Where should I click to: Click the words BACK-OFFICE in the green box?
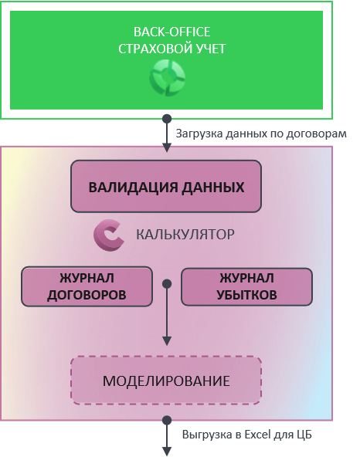point(172,32)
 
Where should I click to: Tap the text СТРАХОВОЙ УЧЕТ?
point(172,49)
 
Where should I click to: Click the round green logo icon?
point(167,78)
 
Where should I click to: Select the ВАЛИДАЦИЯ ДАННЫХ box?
point(166,186)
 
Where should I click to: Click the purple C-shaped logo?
point(108,235)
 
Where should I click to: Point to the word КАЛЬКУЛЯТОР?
point(185,235)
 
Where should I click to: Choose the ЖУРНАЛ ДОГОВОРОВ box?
point(87,286)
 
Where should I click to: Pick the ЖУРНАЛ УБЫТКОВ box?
point(246,286)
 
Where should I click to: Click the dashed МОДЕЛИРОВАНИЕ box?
point(166,381)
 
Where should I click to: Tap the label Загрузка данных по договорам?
point(261,134)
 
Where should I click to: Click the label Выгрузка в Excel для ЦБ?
point(247,435)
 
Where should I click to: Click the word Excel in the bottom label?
point(257,435)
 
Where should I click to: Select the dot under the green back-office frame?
point(167,119)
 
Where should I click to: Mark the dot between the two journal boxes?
point(167,283)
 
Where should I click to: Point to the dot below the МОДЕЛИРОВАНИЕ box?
point(167,420)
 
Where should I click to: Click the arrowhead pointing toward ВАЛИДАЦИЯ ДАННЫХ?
point(167,147)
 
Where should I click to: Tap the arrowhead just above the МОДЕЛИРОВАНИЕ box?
point(167,341)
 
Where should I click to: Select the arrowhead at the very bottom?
point(167,452)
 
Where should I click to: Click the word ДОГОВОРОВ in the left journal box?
point(87,295)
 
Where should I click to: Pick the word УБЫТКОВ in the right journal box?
point(246,295)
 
